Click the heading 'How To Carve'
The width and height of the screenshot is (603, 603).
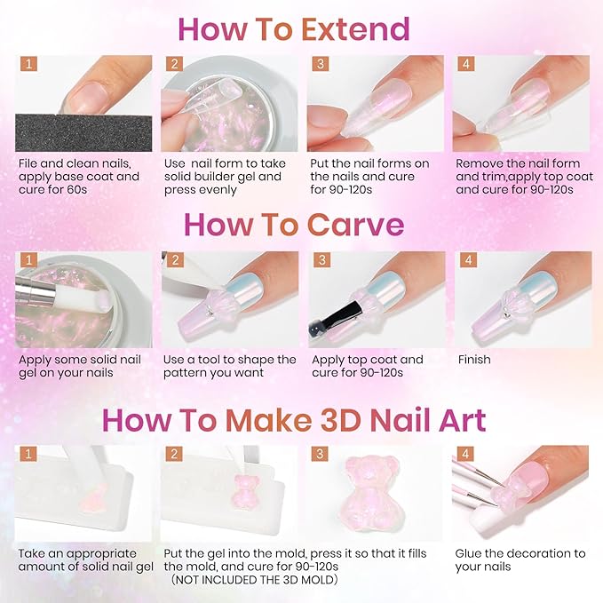click(x=294, y=224)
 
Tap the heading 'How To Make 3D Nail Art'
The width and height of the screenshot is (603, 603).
click(x=294, y=419)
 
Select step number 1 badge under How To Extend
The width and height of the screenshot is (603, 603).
click(x=29, y=64)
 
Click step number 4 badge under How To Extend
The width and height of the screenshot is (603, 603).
click(x=467, y=64)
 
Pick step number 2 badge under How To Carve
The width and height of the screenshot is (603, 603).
click(x=175, y=261)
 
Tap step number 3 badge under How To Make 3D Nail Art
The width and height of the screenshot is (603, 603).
click(x=321, y=455)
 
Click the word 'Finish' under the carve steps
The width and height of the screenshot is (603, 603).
click(x=474, y=360)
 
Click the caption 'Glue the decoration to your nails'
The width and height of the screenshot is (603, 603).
click(x=519, y=559)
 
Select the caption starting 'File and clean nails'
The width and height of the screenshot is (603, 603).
click(x=79, y=177)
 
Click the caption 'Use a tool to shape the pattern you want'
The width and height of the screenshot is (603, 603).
click(x=229, y=367)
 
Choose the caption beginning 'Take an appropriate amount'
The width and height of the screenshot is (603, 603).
click(x=85, y=559)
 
